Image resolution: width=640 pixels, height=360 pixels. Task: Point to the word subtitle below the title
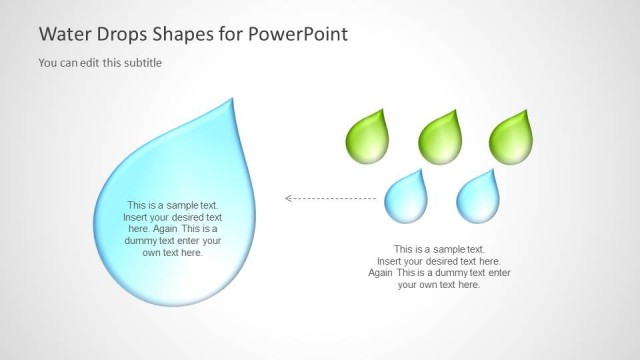coord(141,63)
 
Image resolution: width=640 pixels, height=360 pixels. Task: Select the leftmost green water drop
coord(371,138)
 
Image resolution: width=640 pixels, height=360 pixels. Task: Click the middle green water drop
coord(442,138)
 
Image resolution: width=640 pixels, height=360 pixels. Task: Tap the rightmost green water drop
coord(513,138)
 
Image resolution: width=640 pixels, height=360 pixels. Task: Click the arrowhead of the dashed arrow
coord(289,198)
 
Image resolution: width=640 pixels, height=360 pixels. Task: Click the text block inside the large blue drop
coord(172,228)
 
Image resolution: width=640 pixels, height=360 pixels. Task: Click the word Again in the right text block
coord(381,272)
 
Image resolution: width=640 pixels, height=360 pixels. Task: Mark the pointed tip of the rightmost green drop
coord(530,110)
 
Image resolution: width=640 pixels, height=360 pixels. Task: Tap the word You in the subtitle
coord(47,63)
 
